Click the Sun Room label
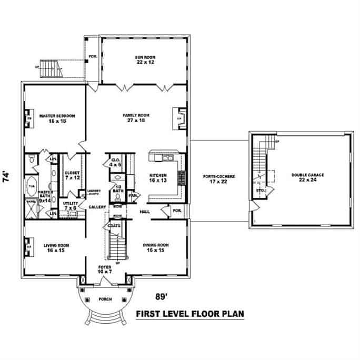[144, 59]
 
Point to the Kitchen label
[158, 177]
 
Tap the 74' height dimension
[7, 176]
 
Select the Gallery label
[97, 207]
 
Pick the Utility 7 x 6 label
[71, 205]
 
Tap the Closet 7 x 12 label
[72, 175]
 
